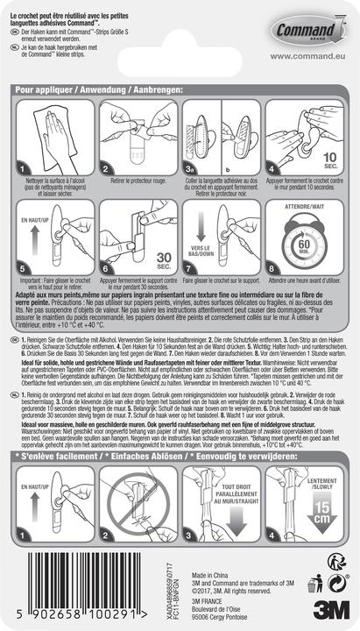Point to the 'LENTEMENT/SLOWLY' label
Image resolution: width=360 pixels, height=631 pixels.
[324, 484]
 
